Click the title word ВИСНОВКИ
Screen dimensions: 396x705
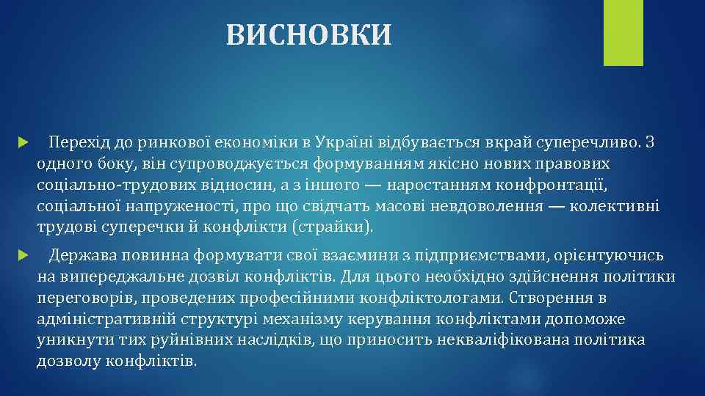click(x=309, y=34)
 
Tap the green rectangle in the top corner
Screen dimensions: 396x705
click(x=623, y=32)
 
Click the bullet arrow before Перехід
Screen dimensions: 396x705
click(x=23, y=141)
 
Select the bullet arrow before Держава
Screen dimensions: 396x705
click(x=23, y=255)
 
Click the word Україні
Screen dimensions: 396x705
click(x=342, y=141)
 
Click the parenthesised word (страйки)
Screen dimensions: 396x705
click(x=333, y=227)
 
